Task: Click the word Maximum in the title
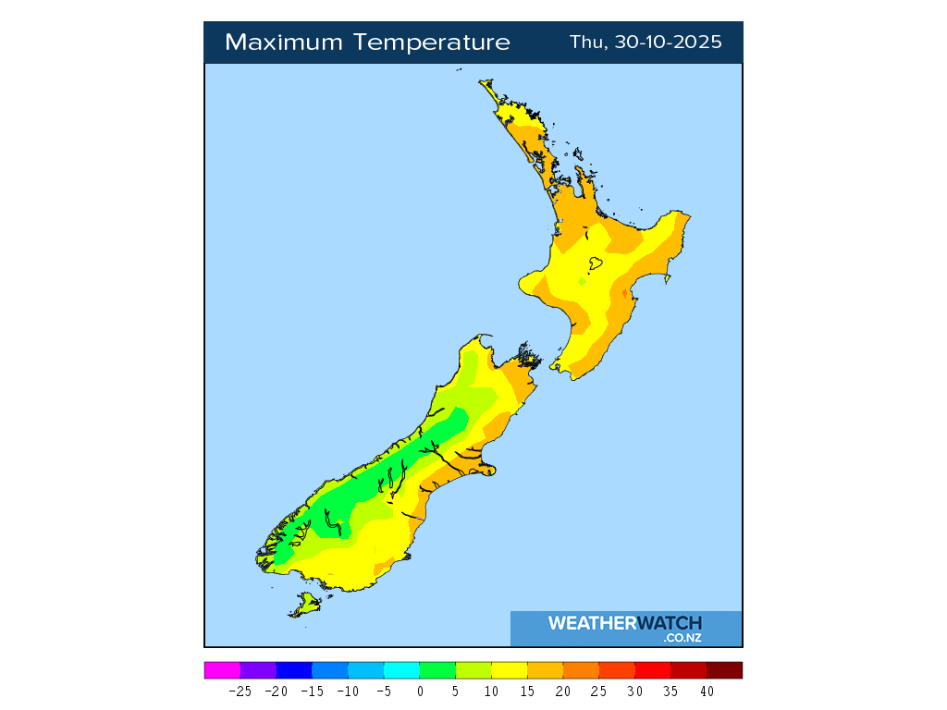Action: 277,43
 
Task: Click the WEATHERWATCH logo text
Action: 624,623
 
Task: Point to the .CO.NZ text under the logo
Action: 682,638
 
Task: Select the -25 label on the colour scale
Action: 240,691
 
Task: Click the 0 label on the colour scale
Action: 420,691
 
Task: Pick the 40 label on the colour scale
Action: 707,691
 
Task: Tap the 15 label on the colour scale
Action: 526,691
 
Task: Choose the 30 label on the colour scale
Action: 634,691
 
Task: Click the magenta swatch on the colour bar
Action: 222,670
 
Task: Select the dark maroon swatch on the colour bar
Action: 724,670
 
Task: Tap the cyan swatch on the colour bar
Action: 401,670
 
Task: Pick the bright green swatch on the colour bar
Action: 437,670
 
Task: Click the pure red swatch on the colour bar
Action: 653,670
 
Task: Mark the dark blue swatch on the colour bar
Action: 294,670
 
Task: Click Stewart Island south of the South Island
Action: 305,606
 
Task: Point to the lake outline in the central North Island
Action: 596,263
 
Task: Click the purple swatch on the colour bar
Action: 258,670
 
